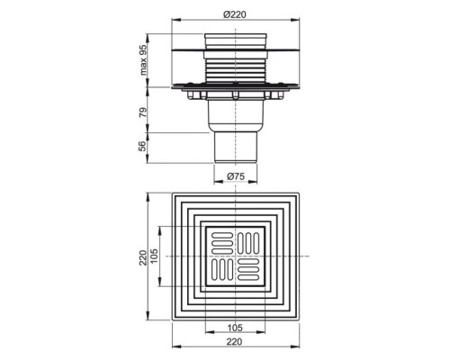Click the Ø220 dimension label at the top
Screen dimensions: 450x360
tap(235, 14)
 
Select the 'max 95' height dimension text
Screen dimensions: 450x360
tap(144, 59)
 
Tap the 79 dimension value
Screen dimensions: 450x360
tap(144, 112)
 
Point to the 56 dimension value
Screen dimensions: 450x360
tap(144, 146)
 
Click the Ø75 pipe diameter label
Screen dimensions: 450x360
tap(236, 176)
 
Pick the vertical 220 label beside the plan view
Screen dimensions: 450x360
tap(143, 257)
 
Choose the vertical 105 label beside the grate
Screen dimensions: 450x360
tap(154, 256)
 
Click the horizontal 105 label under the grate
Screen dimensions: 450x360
tap(235, 328)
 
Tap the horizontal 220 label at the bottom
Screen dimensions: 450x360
tap(234, 341)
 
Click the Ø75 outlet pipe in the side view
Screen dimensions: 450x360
tap(236, 147)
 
